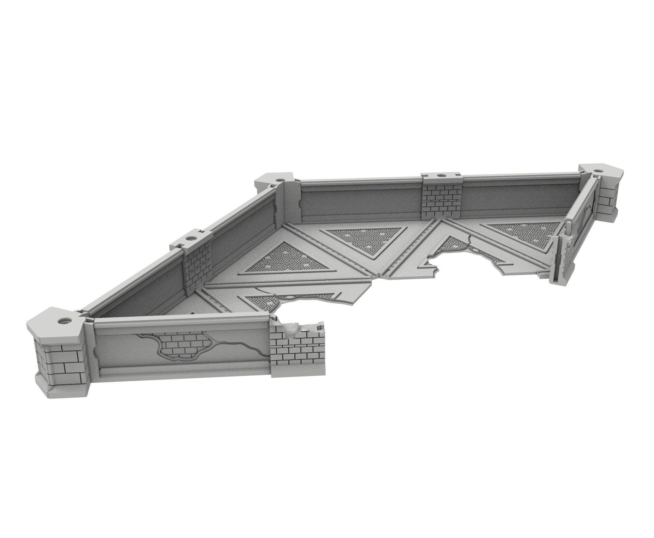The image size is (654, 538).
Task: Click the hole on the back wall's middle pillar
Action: pos(441,176)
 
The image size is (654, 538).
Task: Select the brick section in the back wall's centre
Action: pos(442,202)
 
